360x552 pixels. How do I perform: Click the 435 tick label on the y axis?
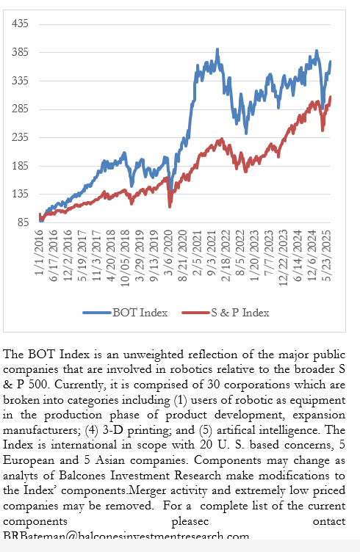tap(19, 23)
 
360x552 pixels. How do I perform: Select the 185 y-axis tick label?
tap(19, 166)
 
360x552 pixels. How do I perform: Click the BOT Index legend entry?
tap(140, 312)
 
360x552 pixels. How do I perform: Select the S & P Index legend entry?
tap(237, 312)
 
